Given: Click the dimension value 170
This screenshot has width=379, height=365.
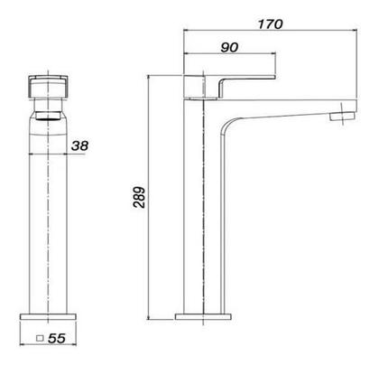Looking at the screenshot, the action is point(271,24).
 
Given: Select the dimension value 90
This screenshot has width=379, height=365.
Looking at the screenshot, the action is point(229,48).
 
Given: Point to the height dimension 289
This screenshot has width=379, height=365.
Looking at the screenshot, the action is point(140,197).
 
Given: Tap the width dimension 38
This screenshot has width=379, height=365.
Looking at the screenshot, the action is point(80,145).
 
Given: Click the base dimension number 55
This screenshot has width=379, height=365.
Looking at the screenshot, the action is point(57,339).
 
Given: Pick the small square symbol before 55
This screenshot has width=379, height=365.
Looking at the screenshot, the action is point(40,339).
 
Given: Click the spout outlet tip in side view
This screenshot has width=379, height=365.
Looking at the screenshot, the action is point(342,117).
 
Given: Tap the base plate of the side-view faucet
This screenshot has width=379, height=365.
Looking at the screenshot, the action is point(203,317).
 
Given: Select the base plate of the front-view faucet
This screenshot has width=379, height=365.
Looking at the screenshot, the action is point(48,317).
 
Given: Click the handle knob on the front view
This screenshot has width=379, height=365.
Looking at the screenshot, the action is point(48,86).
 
